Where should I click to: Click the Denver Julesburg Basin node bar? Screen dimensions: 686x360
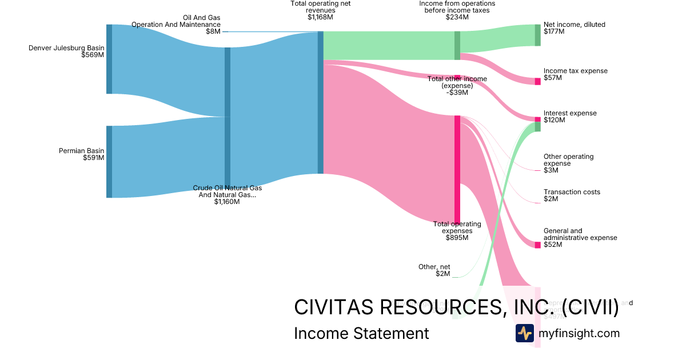pyautogui.click(x=109, y=59)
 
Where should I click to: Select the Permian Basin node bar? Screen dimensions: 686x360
pyautogui.click(x=109, y=162)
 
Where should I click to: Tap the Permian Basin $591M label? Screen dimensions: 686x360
pyautogui.click(x=81, y=154)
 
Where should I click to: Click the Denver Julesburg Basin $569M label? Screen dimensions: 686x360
pyautogui.click(x=66, y=51)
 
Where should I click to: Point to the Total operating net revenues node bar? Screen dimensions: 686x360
pyautogui.click(x=321, y=102)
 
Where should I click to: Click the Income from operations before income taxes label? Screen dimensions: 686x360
pyautogui.click(x=457, y=10)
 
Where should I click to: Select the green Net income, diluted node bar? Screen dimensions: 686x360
pyautogui.click(x=537, y=35)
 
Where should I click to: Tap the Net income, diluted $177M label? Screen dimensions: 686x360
pyautogui.click(x=574, y=28)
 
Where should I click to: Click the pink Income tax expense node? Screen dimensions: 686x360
pyautogui.click(x=537, y=81)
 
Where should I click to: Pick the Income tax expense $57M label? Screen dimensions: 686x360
pyautogui.click(x=575, y=74)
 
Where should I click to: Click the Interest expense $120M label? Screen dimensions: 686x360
pyautogui.click(x=569, y=117)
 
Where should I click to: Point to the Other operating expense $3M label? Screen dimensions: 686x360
pyautogui.click(x=568, y=163)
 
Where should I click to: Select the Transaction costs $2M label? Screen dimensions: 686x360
pyautogui.click(x=572, y=195)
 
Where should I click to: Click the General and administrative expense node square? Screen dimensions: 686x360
pyautogui.click(x=537, y=245)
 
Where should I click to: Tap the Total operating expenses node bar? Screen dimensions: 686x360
pyautogui.click(x=457, y=169)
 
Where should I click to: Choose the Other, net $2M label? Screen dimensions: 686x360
pyautogui.click(x=435, y=270)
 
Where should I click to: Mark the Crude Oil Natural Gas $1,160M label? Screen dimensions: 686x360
pyautogui.click(x=227, y=194)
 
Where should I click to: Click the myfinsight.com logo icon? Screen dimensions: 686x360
pyautogui.click(x=524, y=333)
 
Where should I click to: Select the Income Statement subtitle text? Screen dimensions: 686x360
pyautogui.click(x=361, y=333)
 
